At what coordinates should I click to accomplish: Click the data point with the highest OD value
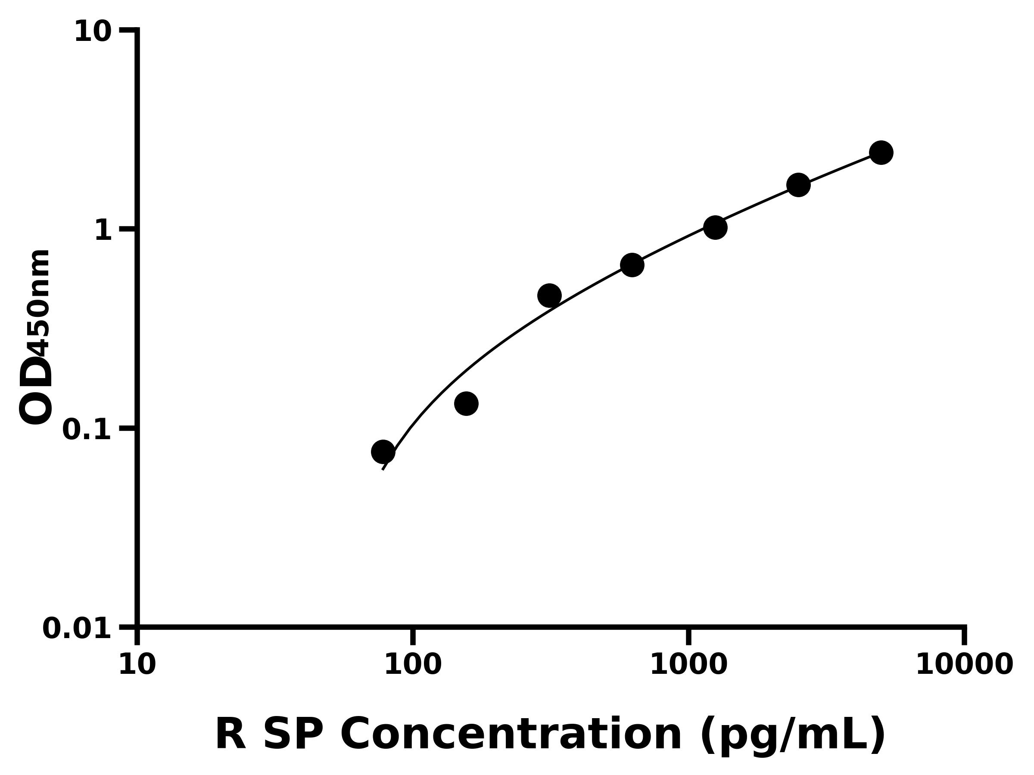point(881,153)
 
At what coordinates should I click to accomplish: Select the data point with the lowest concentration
point(383,452)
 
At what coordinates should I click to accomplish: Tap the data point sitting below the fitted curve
point(466,403)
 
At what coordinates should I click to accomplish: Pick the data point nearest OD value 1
point(715,227)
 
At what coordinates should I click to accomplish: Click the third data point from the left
point(549,296)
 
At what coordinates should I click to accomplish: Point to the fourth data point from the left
point(632,265)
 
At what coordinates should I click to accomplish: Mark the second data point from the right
point(798,185)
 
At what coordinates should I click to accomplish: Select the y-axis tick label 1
point(103,231)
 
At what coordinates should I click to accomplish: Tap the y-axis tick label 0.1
point(87,430)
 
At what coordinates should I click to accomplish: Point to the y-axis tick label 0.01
point(77,629)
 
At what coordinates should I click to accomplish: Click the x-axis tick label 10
point(137,665)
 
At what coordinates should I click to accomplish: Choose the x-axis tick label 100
point(413,665)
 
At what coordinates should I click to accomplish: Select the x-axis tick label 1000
point(688,665)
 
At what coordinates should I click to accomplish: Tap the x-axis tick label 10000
point(964,665)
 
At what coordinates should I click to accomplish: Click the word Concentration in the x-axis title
point(511,735)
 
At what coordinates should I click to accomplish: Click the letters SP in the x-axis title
point(293,735)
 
